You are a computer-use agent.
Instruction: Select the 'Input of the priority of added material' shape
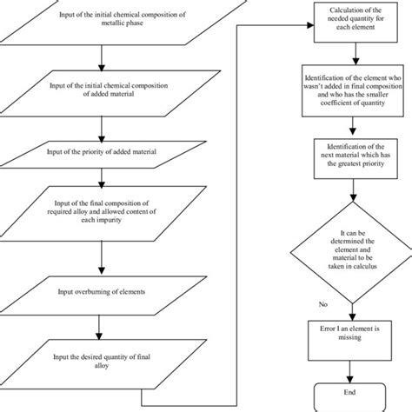click(x=103, y=150)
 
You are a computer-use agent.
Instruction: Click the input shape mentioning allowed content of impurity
click(x=103, y=214)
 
